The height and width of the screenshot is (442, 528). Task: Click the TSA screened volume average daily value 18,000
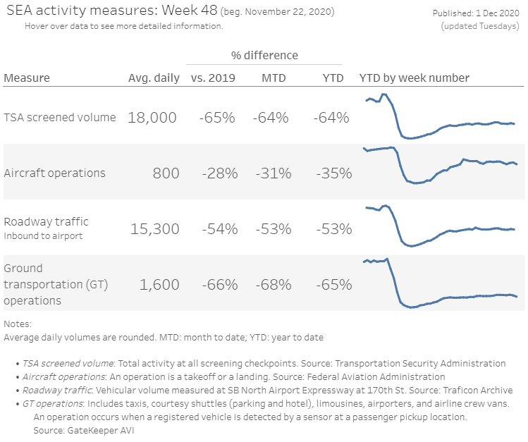(x=152, y=118)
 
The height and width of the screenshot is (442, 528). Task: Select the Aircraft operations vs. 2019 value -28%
(x=220, y=173)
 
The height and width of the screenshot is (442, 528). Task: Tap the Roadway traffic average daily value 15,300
(x=155, y=229)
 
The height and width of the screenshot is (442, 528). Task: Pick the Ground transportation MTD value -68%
(x=274, y=285)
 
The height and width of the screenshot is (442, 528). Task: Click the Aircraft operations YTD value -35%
(x=334, y=173)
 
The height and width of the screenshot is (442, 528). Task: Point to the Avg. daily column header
(x=154, y=78)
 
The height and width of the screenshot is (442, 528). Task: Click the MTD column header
(x=274, y=78)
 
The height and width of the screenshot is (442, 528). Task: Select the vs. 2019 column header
(x=213, y=78)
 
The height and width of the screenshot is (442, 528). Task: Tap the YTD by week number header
(x=415, y=78)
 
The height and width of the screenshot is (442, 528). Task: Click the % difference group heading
(x=264, y=55)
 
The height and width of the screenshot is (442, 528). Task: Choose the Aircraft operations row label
(x=54, y=173)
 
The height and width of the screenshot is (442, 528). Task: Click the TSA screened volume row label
(x=60, y=118)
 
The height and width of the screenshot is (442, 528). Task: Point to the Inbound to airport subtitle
(x=43, y=236)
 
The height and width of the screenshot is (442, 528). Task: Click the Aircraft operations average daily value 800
(x=166, y=173)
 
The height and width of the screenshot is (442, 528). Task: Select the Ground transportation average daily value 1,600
(x=159, y=285)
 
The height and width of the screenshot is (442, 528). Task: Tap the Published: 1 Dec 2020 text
(x=476, y=13)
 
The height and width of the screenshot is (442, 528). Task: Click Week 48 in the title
(x=190, y=11)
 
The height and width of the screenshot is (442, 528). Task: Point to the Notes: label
(x=18, y=324)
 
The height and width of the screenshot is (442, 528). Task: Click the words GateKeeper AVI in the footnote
(x=101, y=430)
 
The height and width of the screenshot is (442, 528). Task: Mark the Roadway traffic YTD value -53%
(x=334, y=229)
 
